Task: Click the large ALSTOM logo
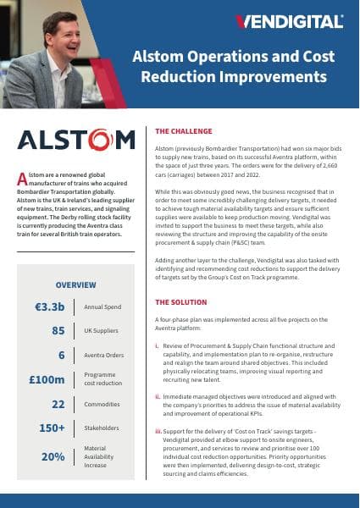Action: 75,139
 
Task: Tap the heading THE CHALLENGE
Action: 186,132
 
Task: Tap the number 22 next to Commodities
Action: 58,380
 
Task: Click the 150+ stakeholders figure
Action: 52,405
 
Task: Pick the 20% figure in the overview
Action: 53,432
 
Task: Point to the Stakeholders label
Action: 104,405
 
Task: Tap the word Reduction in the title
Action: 188,77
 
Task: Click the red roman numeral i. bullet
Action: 157,346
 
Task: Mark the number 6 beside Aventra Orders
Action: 62,331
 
